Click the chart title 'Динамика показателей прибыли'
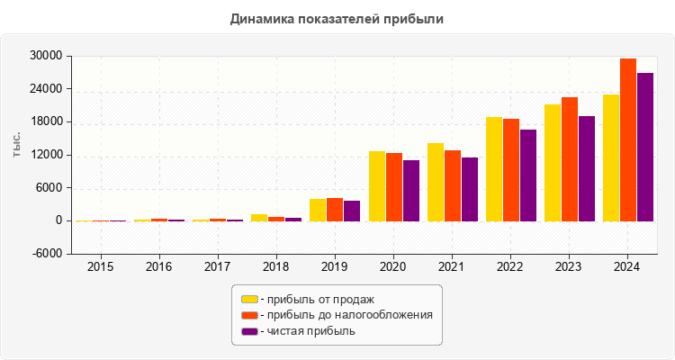click(x=337, y=18)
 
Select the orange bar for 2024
click(x=628, y=139)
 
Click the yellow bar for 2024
click(x=611, y=157)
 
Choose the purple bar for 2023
click(x=587, y=168)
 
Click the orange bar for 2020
click(x=394, y=187)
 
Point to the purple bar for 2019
click(x=352, y=211)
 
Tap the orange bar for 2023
click(x=570, y=159)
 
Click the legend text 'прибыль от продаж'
click(x=316, y=299)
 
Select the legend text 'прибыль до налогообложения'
click(x=346, y=315)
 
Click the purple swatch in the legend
click(x=249, y=331)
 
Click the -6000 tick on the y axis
click(x=45, y=254)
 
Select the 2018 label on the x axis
click(x=276, y=267)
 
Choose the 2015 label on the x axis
click(x=100, y=267)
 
